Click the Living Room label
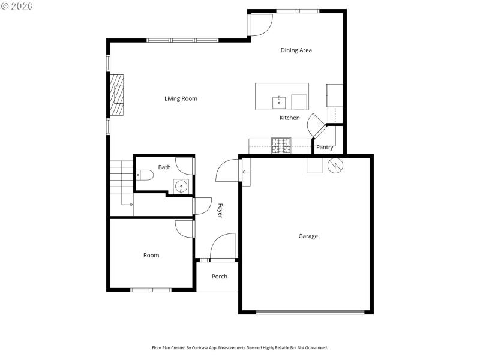181,98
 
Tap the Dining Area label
296,50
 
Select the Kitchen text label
289,118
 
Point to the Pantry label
325,147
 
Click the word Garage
308,236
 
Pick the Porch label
220,277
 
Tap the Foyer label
220,210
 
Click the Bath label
164,167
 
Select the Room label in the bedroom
151,255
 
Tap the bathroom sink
181,187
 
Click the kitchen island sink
279,102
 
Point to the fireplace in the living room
116,94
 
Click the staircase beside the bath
120,184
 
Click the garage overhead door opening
310,311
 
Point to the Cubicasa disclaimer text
239,347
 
